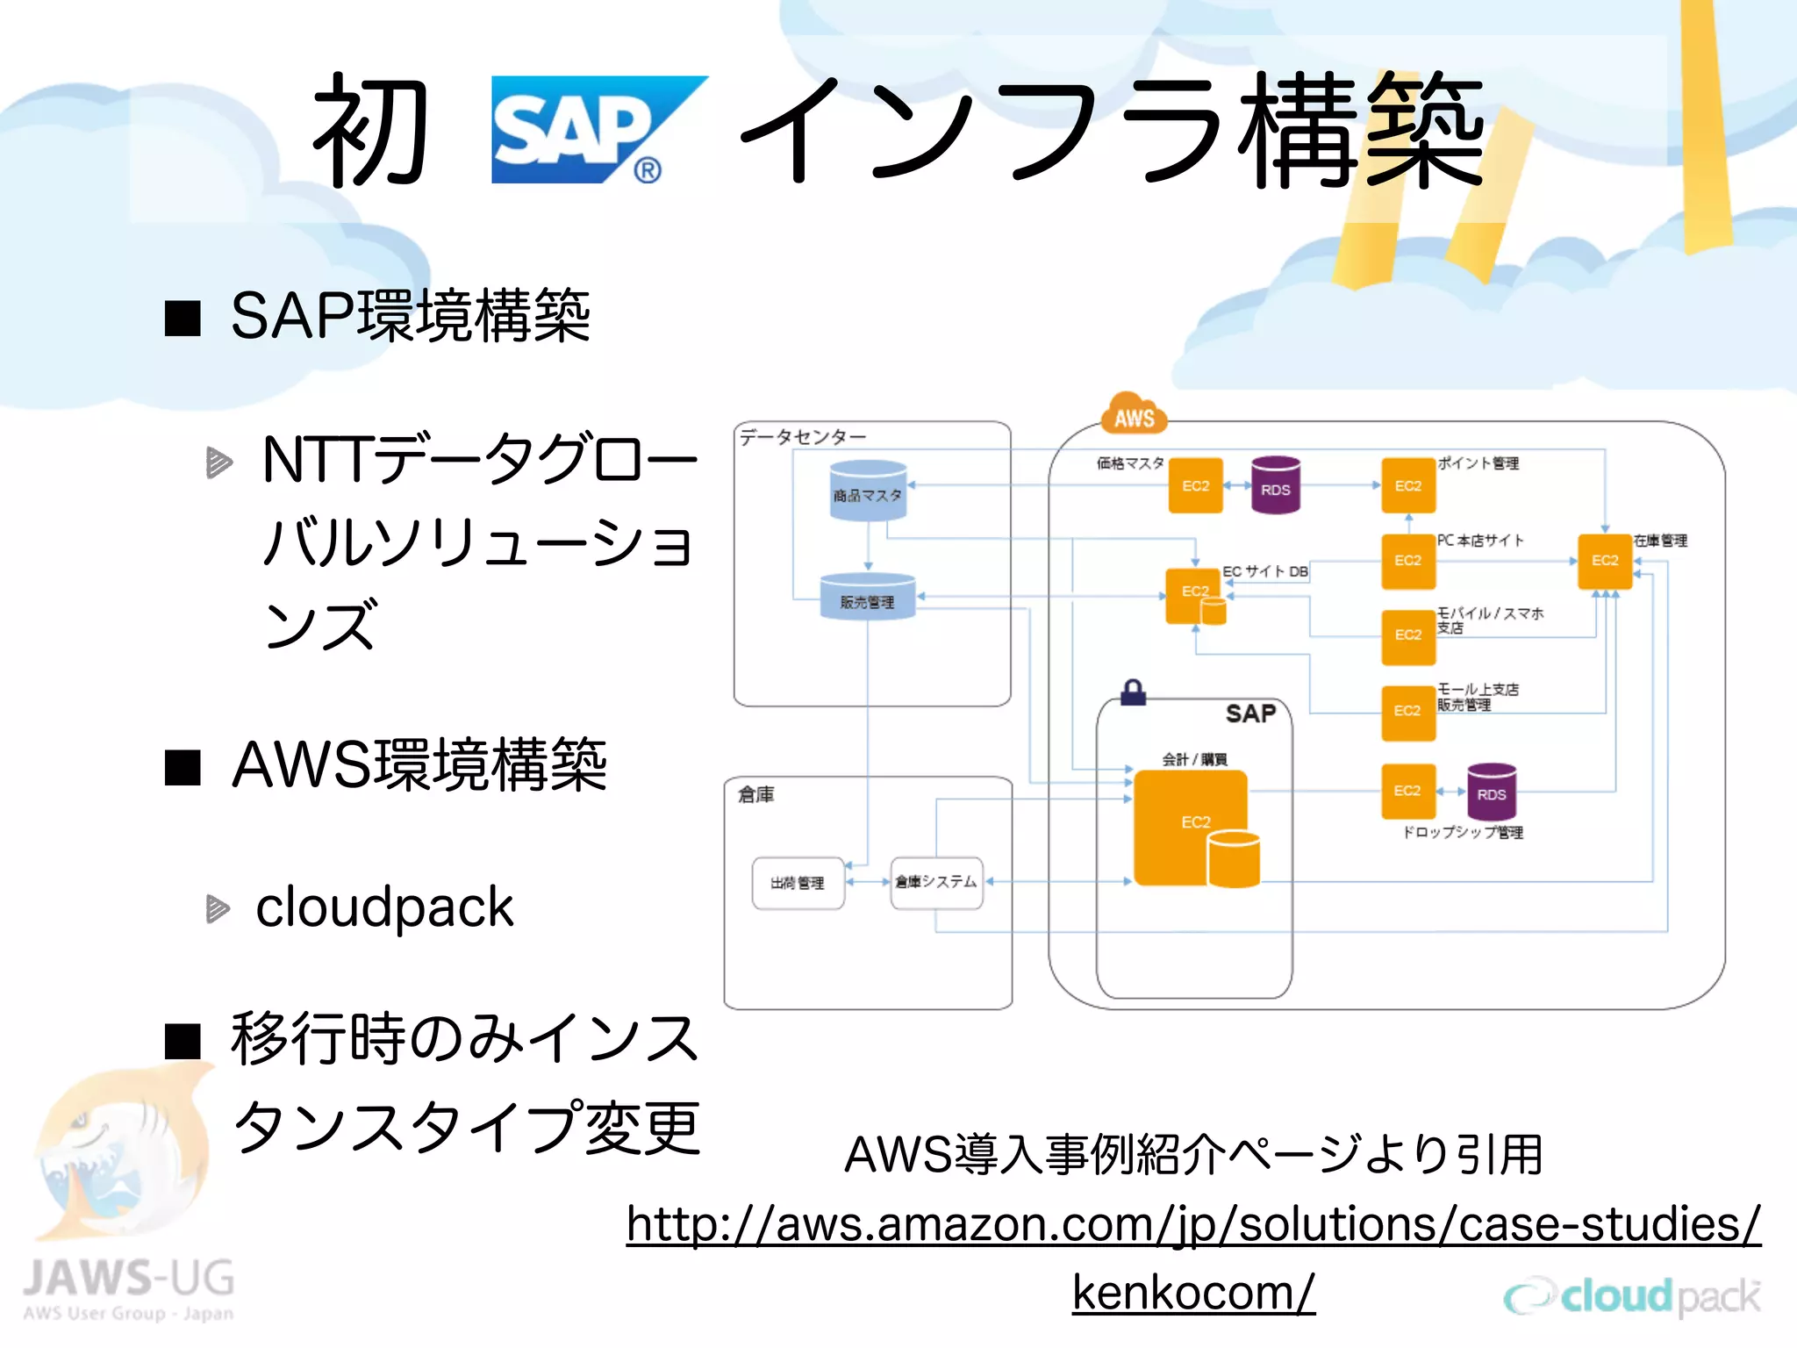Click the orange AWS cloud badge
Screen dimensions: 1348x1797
1134,416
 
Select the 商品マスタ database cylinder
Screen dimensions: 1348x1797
867,491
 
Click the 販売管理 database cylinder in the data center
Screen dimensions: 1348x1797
867,598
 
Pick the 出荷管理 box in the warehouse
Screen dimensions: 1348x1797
798,883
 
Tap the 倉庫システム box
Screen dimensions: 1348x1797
935,882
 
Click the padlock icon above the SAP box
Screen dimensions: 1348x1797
1133,692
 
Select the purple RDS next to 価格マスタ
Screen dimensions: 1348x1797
1275,484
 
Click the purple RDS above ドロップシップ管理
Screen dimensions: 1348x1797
1491,792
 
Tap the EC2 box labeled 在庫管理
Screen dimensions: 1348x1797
1604,561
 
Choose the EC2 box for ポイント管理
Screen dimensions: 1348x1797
1407,485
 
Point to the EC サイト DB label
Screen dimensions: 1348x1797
1265,571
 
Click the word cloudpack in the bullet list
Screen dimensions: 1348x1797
383,907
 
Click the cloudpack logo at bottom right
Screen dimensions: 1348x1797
1632,1296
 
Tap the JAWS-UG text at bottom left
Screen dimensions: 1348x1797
129,1278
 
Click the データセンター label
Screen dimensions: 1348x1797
802,436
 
